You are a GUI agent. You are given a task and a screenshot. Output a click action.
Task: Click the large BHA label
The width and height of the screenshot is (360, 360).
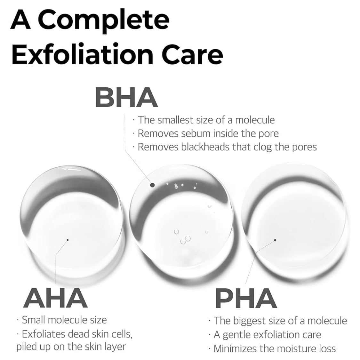126,97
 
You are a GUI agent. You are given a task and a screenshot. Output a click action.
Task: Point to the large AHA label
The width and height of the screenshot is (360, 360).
55,298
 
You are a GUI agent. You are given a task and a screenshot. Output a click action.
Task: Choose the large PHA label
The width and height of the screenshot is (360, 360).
246,298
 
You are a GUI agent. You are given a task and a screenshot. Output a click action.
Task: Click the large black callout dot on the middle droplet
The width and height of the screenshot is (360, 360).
152,185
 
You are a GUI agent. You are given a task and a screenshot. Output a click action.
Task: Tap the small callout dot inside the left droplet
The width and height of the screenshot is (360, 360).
68,240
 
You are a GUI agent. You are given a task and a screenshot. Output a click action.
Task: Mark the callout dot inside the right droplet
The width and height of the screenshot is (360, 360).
275,240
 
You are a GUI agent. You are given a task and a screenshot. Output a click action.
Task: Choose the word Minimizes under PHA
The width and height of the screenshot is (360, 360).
234,348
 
